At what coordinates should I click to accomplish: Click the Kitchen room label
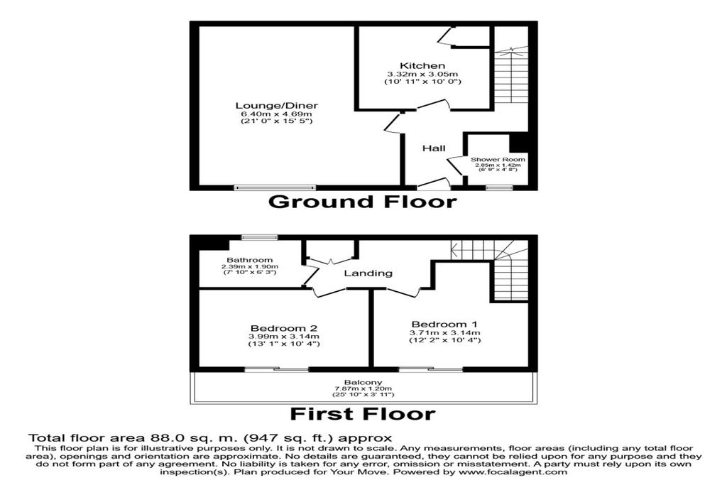tap(422, 66)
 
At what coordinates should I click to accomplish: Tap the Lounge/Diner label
tap(277, 106)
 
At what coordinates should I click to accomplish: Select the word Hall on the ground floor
tap(434, 148)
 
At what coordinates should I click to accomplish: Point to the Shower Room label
tap(498, 160)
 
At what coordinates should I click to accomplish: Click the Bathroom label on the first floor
tap(249, 260)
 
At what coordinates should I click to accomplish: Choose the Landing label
tap(368, 273)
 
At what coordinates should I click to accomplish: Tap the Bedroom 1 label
tap(444, 325)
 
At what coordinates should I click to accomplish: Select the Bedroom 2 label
tap(284, 328)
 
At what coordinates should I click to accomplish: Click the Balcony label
tap(363, 383)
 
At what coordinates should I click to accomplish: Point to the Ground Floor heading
tap(363, 202)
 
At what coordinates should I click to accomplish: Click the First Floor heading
tap(363, 413)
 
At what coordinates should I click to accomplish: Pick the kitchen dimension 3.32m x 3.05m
tap(422, 74)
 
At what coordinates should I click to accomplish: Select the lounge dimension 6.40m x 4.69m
tap(277, 114)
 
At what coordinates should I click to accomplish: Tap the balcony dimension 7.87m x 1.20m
tap(363, 388)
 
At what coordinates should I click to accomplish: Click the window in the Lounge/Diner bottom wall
tap(275, 187)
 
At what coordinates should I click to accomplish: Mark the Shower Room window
tap(499, 187)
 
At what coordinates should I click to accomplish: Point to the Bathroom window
tap(259, 237)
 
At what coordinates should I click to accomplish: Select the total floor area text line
tap(210, 437)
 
